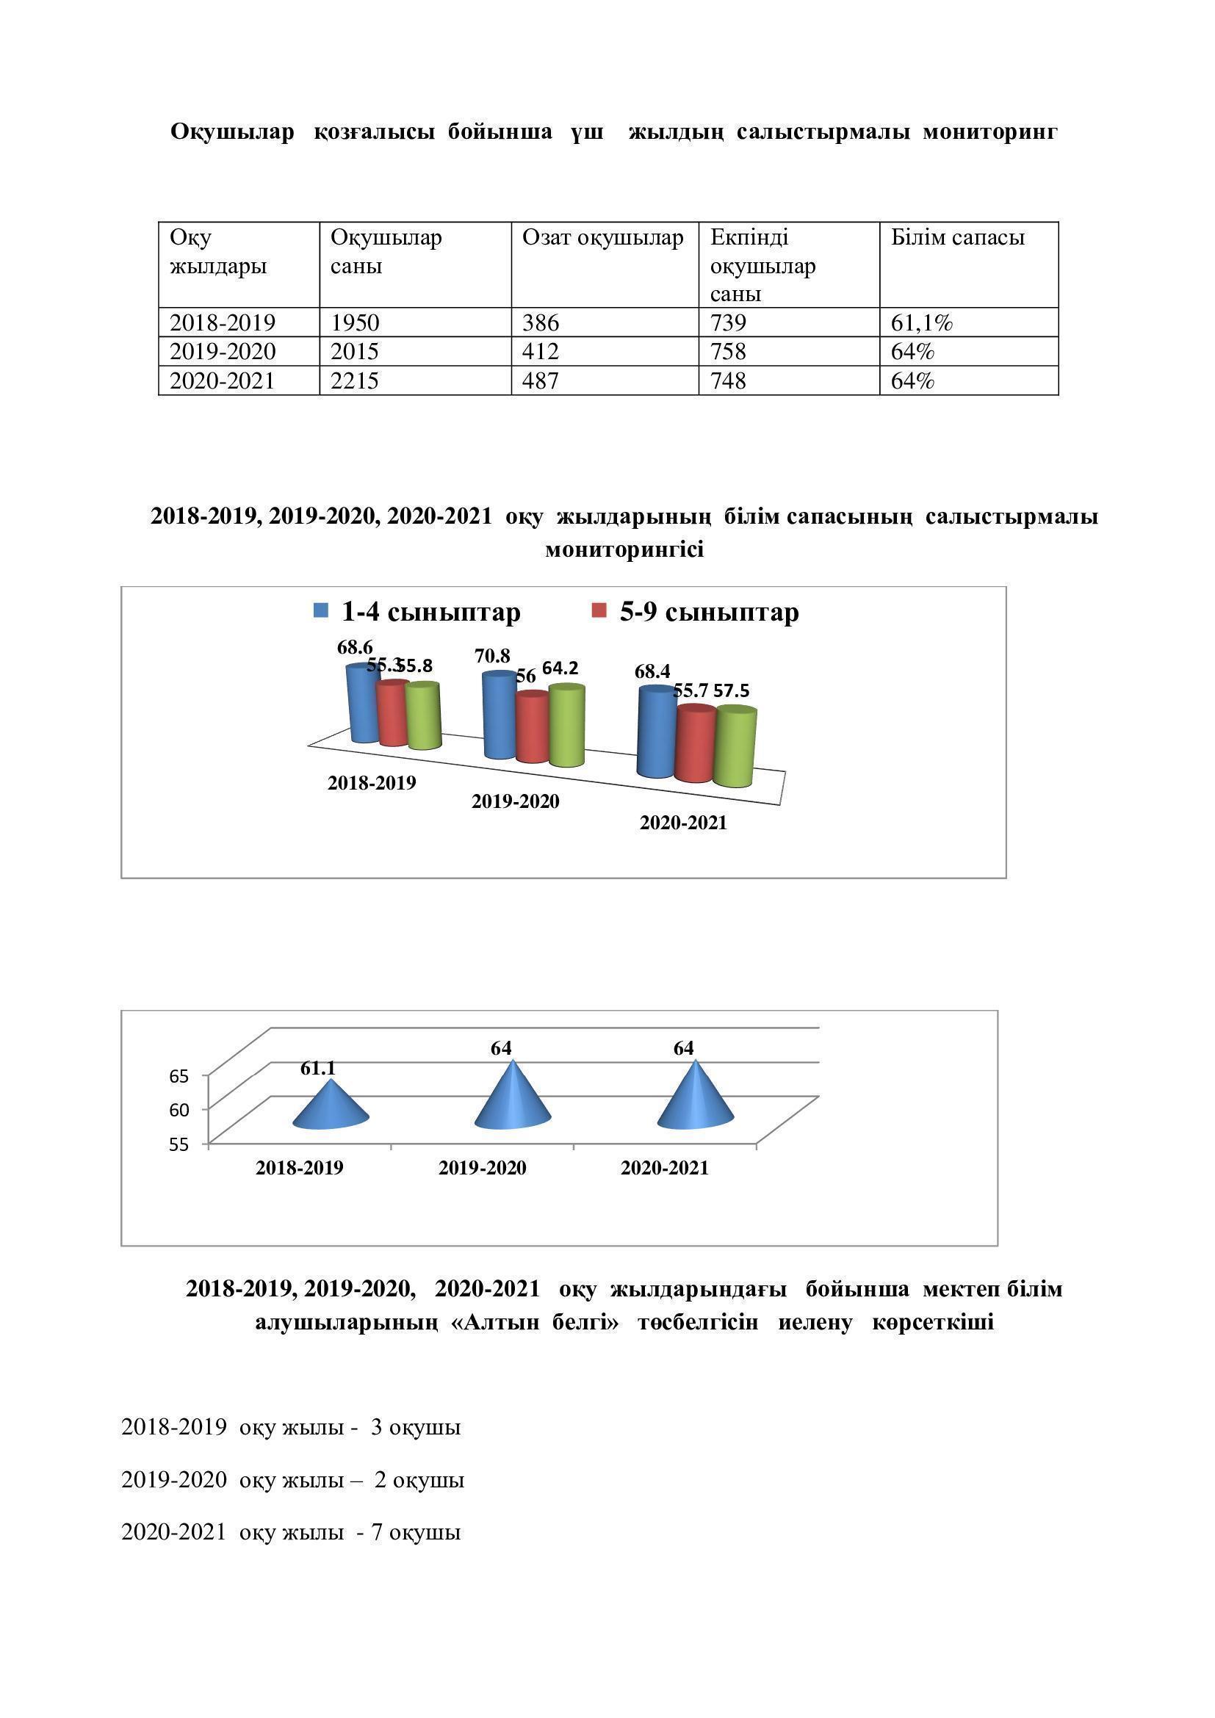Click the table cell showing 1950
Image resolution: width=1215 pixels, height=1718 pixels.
pos(356,322)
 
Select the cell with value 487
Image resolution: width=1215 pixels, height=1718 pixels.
pos(540,381)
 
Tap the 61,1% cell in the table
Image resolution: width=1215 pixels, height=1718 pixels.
pos(922,322)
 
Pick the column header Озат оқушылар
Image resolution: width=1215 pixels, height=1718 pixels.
pos(602,238)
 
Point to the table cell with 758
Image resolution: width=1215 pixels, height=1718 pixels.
pos(729,352)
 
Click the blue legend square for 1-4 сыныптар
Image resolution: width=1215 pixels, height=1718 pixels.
pos(321,610)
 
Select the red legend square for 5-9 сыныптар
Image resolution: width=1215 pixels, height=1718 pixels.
pos(599,610)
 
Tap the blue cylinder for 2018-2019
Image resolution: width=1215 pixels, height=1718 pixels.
pos(364,703)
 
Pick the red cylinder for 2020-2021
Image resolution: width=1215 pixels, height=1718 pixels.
pos(695,744)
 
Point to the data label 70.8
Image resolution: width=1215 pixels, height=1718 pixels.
pos(492,656)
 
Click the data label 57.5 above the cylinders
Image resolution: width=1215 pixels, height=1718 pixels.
pos(731,690)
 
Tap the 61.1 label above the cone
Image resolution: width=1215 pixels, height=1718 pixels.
pos(318,1069)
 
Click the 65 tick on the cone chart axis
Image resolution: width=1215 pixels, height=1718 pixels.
pos(179,1077)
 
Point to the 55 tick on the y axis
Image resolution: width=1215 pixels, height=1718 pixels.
pos(179,1145)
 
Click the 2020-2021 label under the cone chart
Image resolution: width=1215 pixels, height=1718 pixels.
pos(664,1168)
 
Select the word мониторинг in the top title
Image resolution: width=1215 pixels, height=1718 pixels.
pos(989,131)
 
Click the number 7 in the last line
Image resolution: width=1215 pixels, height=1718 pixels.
pos(377,1532)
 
